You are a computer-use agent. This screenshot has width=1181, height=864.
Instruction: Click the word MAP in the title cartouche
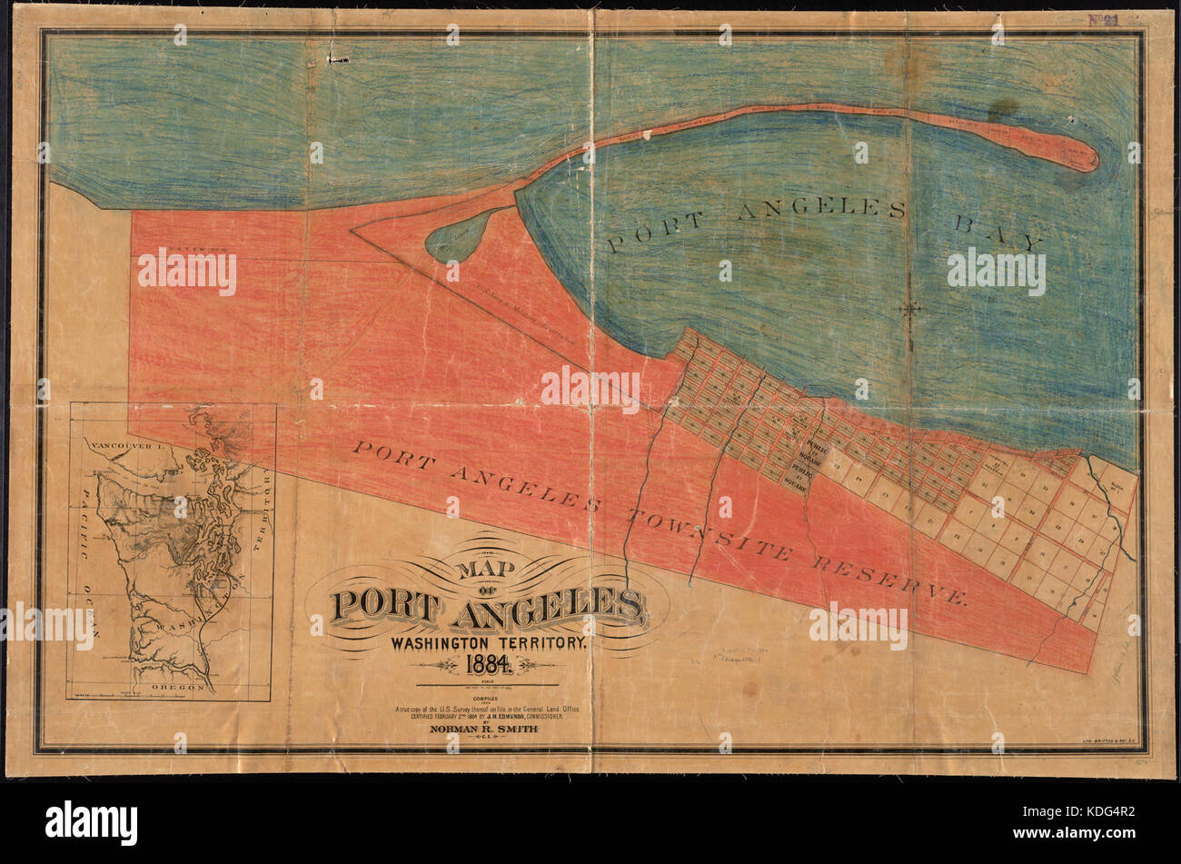pyautogui.click(x=482, y=570)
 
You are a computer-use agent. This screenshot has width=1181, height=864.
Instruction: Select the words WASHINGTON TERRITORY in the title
pyautogui.click(x=489, y=642)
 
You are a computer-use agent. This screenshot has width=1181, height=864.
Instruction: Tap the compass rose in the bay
pyautogui.click(x=909, y=309)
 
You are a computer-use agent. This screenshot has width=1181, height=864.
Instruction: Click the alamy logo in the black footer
pyautogui.click(x=91, y=822)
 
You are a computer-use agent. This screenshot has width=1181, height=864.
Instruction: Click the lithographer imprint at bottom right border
pyautogui.click(x=1104, y=742)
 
